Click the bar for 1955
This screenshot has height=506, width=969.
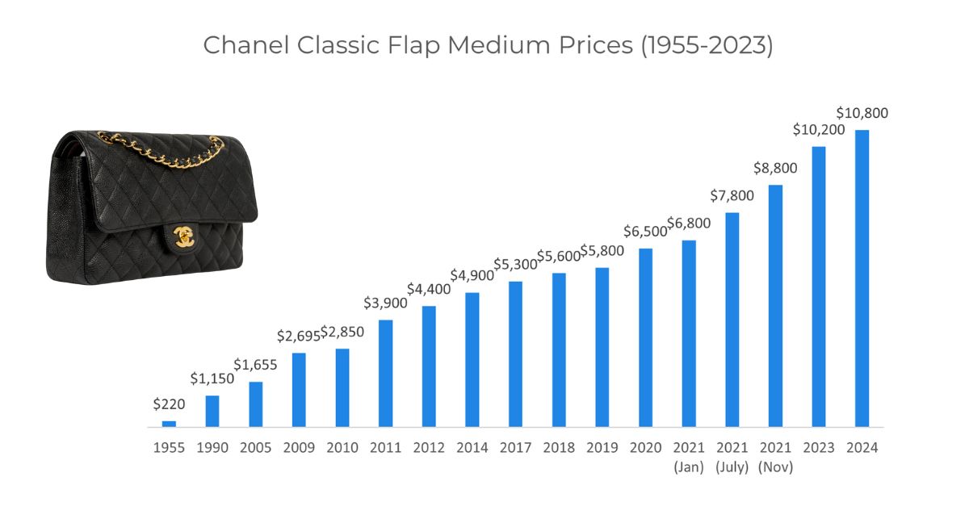click(x=169, y=424)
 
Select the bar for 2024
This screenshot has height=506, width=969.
click(x=862, y=278)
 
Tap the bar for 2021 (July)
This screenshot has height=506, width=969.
click(x=732, y=320)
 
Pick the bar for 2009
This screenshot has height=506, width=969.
click(x=299, y=390)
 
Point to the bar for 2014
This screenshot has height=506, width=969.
click(x=472, y=360)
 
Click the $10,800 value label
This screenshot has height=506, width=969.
click(x=862, y=113)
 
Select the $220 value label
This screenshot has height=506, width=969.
click(x=169, y=404)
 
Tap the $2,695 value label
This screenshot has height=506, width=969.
click(x=299, y=336)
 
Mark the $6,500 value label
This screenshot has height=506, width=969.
click(x=645, y=232)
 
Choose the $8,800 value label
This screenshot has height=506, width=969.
click(x=775, y=168)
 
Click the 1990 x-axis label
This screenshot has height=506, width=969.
click(x=212, y=448)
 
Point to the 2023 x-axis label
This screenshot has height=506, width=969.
click(x=819, y=448)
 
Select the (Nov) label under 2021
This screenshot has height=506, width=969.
click(x=775, y=467)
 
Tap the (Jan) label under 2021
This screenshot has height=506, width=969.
click(x=689, y=467)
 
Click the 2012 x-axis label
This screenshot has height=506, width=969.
click(x=429, y=448)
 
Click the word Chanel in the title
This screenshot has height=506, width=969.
click(x=246, y=45)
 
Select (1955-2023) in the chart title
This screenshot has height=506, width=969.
click(x=707, y=46)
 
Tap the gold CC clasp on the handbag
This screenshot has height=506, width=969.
click(x=184, y=237)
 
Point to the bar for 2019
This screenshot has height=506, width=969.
click(x=602, y=348)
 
